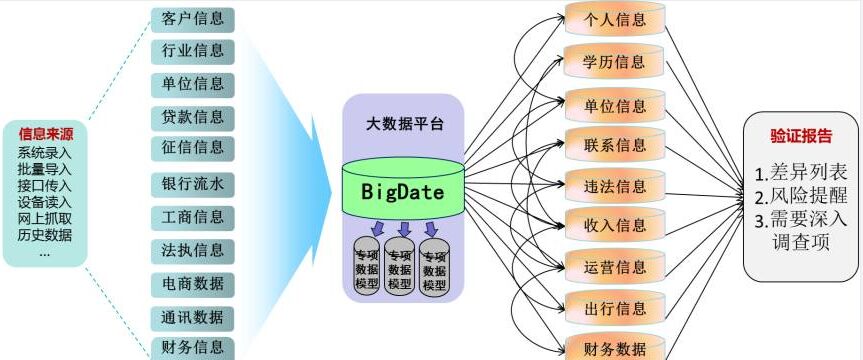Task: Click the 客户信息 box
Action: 193,19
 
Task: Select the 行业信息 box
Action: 193,51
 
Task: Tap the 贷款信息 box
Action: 193,116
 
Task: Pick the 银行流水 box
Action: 193,184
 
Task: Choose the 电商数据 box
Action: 193,283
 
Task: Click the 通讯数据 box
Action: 193,317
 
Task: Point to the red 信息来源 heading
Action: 45,133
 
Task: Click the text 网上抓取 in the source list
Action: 45,218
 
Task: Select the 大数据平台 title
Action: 403,123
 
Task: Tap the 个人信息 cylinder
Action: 614,19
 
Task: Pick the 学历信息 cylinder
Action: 614,62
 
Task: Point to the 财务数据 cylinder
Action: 614,347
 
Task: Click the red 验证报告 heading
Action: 800,136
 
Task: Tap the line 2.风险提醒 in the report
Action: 800,195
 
